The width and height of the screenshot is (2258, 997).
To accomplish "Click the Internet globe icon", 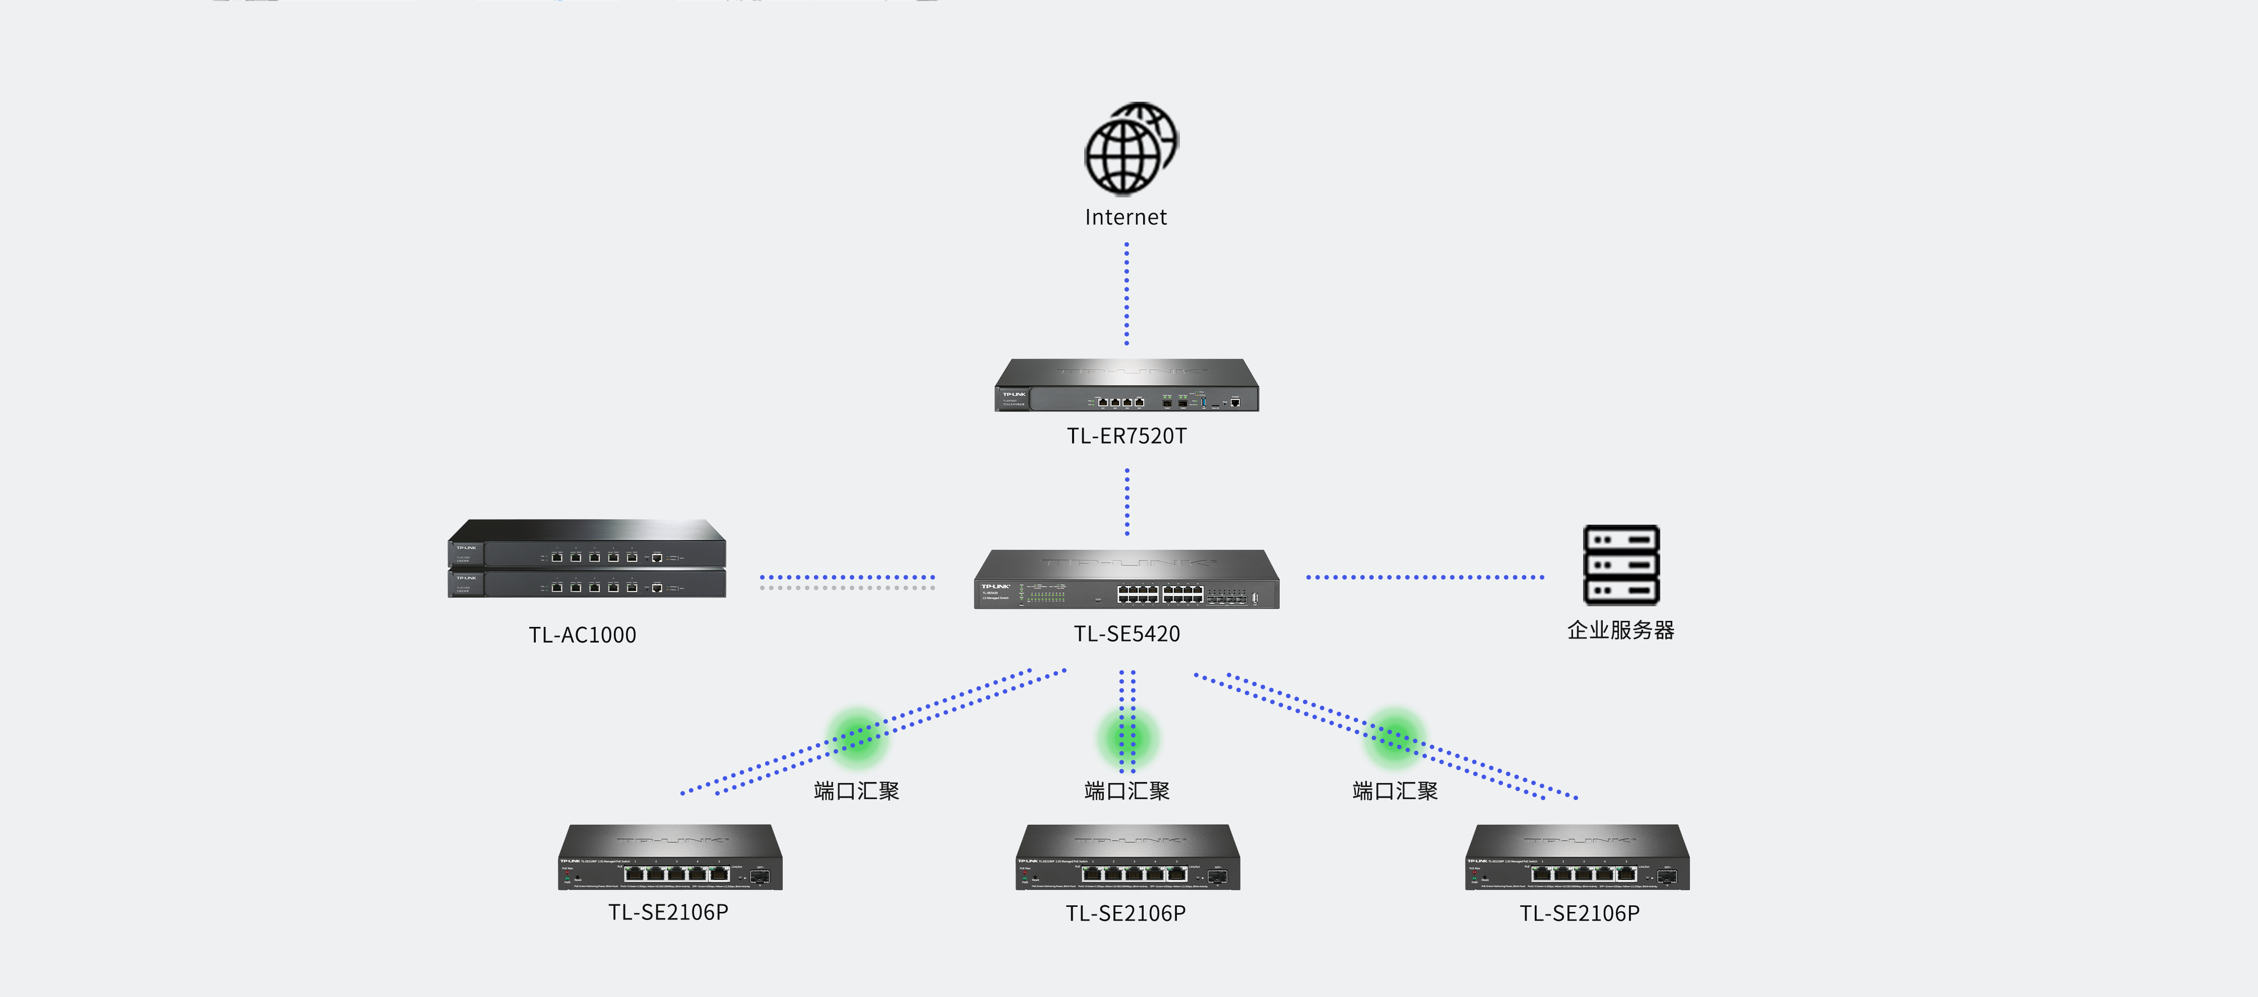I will [x=1130, y=149].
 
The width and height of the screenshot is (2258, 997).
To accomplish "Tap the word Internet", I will [x=1125, y=217].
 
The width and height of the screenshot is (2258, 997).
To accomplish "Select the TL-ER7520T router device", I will [x=1126, y=386].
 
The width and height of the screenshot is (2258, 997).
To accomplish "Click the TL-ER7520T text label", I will [x=1126, y=436].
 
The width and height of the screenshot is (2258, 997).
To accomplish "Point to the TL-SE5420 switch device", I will [x=1126, y=580].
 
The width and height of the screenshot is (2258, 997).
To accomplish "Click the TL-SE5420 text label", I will [x=1126, y=633].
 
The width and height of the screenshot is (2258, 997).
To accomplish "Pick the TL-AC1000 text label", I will [x=582, y=635].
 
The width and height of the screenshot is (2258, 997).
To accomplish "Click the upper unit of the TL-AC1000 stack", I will [x=586, y=545].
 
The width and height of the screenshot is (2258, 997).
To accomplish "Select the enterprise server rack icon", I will [x=1621, y=565].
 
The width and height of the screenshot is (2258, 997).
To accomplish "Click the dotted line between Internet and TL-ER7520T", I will [x=1126, y=294].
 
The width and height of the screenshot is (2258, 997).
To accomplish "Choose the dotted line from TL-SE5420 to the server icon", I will [x=1424, y=578].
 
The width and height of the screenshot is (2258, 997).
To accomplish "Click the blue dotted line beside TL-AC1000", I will [x=847, y=578].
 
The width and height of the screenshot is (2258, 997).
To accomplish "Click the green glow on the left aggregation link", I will [x=857, y=736].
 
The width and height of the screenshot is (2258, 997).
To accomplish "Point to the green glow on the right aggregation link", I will [x=1395, y=736].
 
